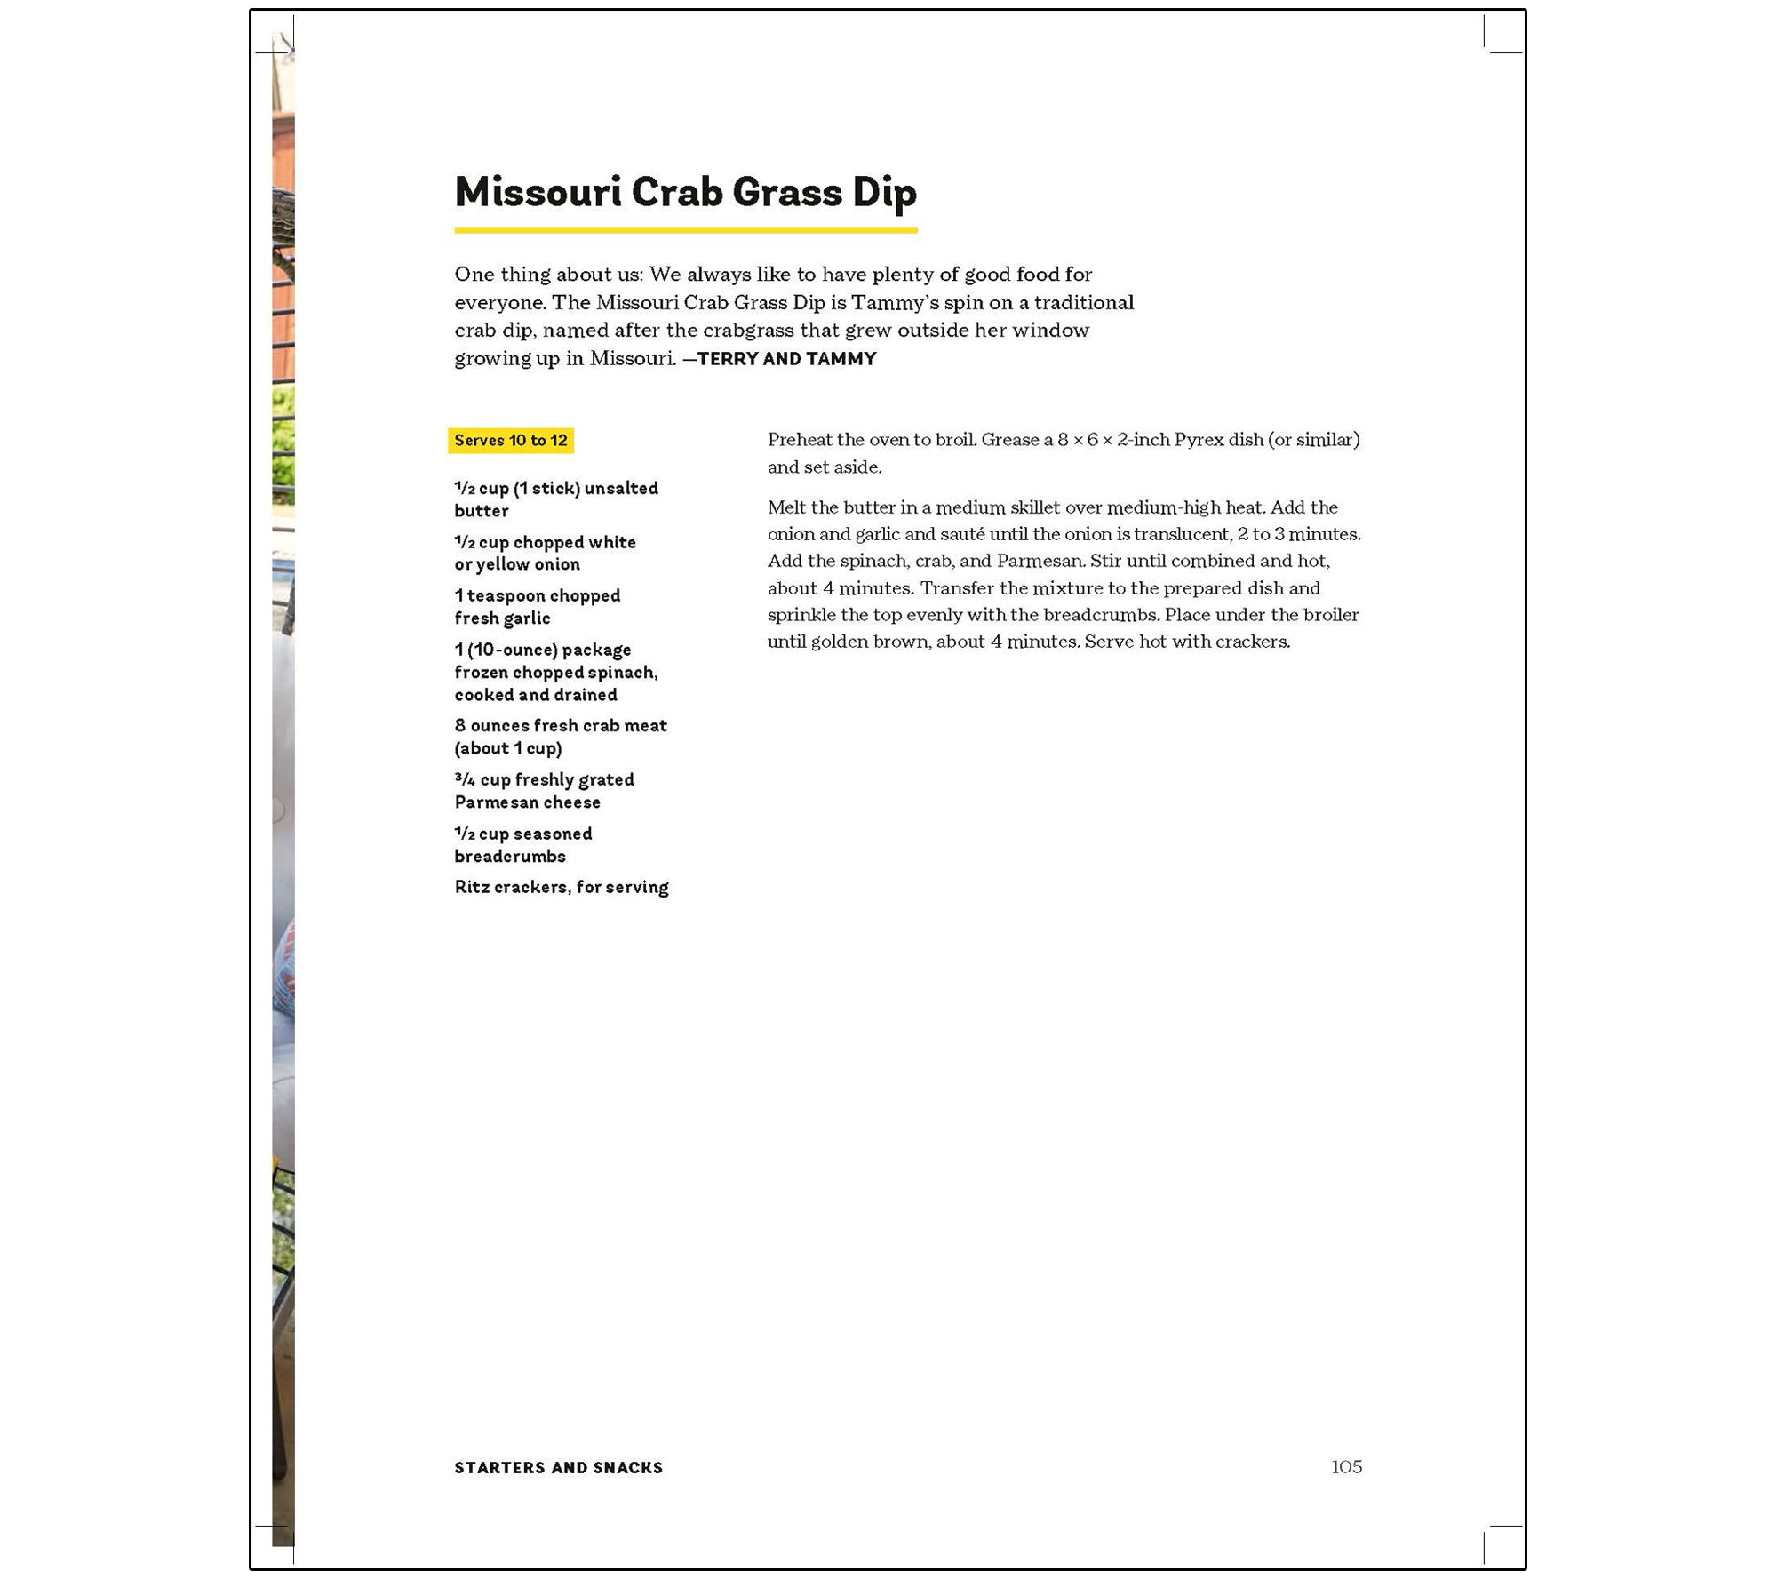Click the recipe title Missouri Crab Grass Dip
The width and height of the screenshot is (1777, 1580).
(x=685, y=192)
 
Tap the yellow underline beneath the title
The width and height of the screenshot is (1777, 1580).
(x=685, y=230)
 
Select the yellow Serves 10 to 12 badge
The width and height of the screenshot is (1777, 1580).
(x=511, y=441)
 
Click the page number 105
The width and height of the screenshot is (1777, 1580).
(x=1346, y=1466)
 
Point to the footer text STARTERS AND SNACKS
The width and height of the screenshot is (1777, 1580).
(x=558, y=1468)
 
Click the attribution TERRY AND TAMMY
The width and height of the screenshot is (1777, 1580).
(x=786, y=359)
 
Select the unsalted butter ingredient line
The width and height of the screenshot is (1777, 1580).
(x=555, y=499)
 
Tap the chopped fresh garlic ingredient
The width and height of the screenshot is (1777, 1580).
(x=537, y=607)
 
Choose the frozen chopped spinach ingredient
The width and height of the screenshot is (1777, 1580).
(x=555, y=673)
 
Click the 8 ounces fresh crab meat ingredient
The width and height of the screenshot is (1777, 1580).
(x=560, y=737)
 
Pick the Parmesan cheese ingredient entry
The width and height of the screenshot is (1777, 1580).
(x=544, y=791)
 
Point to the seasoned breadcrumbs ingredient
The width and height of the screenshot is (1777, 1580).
(x=522, y=845)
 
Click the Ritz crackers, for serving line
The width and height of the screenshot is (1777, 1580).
(x=561, y=887)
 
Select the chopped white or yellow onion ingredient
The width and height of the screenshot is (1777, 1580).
(x=545, y=553)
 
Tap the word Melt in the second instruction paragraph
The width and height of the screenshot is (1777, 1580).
(x=786, y=507)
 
